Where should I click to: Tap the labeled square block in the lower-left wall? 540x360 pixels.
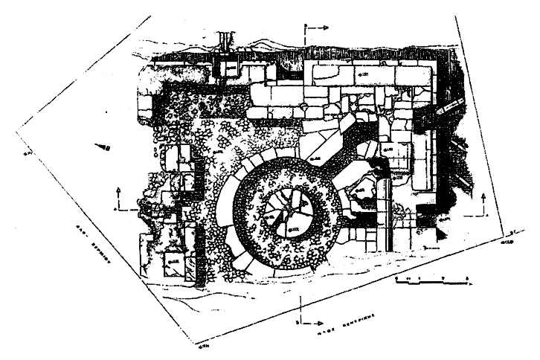tap(173, 262)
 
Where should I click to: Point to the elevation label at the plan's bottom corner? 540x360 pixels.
tap(203, 346)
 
